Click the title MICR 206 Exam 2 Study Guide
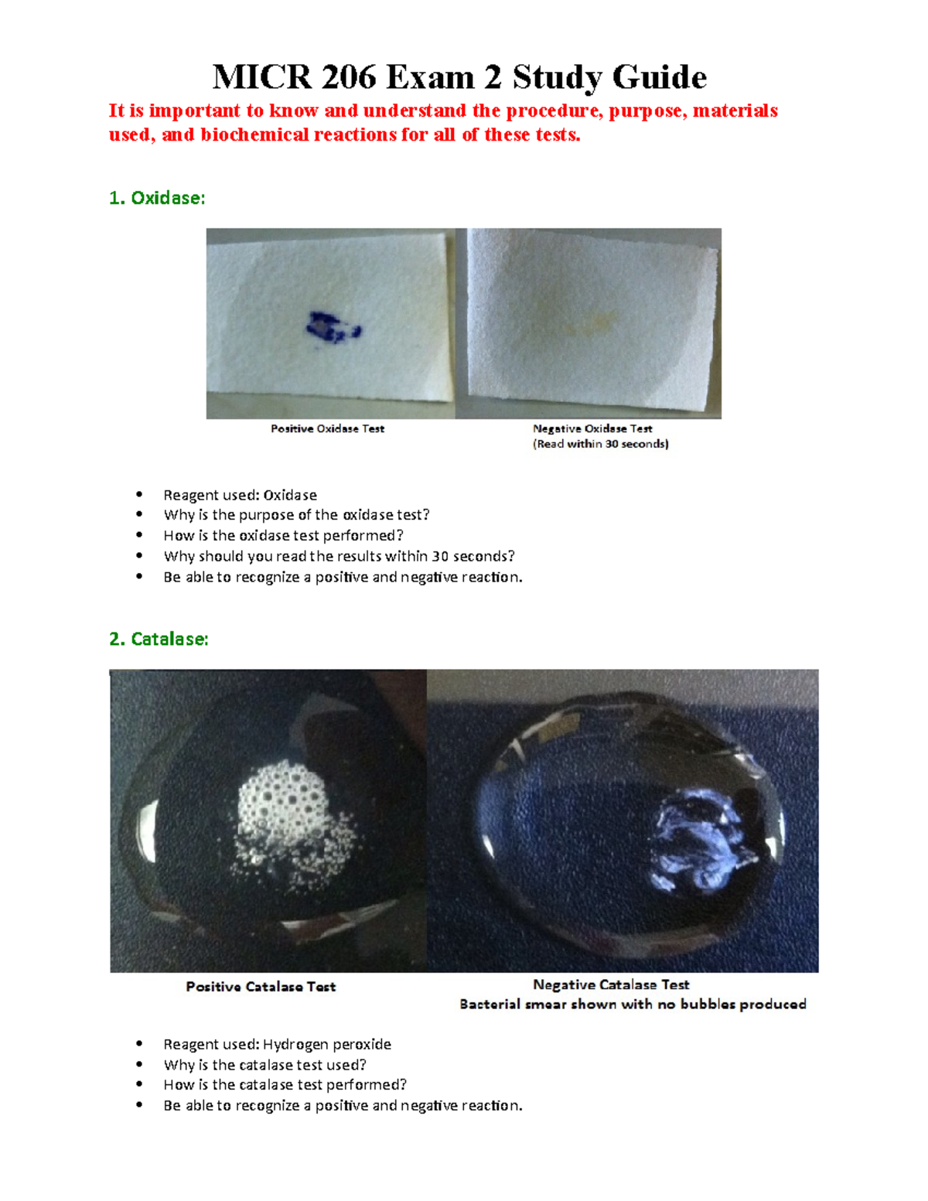(x=459, y=77)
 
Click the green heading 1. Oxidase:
(x=157, y=198)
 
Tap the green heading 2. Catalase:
(x=159, y=639)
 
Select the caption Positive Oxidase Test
(x=327, y=428)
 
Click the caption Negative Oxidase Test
(x=592, y=428)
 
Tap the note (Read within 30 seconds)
(x=600, y=444)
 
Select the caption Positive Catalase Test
(x=261, y=987)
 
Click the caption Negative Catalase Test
(x=611, y=984)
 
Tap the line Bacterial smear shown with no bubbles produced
(x=633, y=1004)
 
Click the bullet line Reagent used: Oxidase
(x=240, y=495)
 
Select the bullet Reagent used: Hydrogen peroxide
(x=277, y=1044)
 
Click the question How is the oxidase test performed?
(x=283, y=535)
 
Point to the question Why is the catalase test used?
(x=264, y=1065)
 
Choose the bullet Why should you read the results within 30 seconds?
(x=339, y=556)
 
